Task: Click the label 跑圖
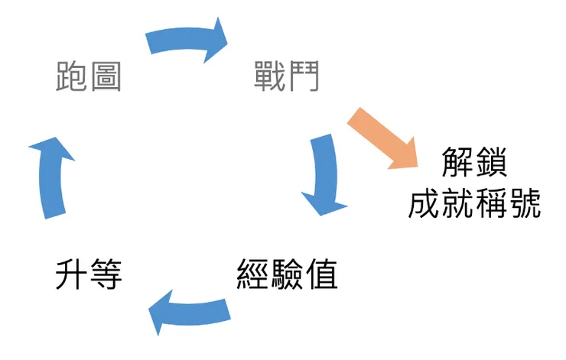pos(89,77)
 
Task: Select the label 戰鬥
pos(287,77)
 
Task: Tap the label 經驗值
pos(287,273)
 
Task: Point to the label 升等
pos(89,273)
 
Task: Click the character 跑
pos(72,77)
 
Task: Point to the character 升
pos(72,273)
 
